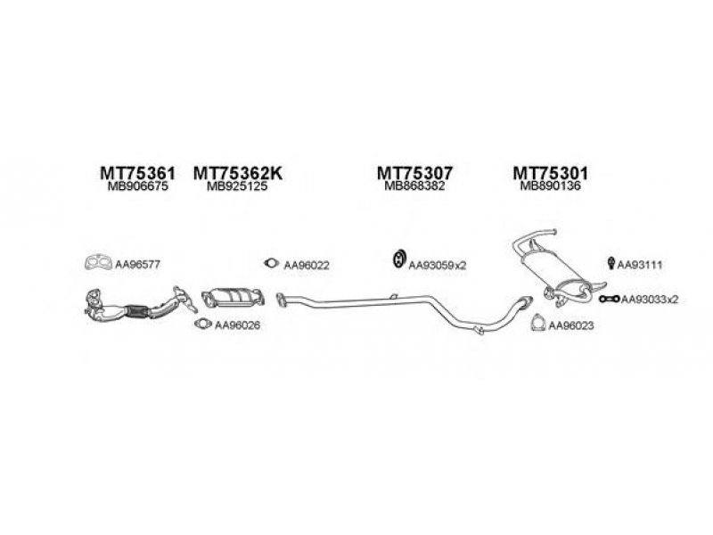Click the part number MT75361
[x=137, y=173]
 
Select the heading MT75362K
[x=238, y=173]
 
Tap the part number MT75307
[x=414, y=173]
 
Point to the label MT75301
[x=550, y=173]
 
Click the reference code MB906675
[x=138, y=186]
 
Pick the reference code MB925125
[x=237, y=186]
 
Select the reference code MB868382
[x=414, y=185]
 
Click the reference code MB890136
[x=550, y=185]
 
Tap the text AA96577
[x=137, y=264]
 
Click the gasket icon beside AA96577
[x=98, y=262]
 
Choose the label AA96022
[x=306, y=265]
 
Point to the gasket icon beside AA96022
[x=272, y=262]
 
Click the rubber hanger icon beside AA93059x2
[x=398, y=259]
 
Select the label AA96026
[x=237, y=325]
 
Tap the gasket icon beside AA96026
[x=202, y=324]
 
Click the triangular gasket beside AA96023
[x=538, y=324]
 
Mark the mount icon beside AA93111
[x=611, y=263]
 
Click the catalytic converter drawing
[x=233, y=298]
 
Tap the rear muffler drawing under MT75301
[x=553, y=273]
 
